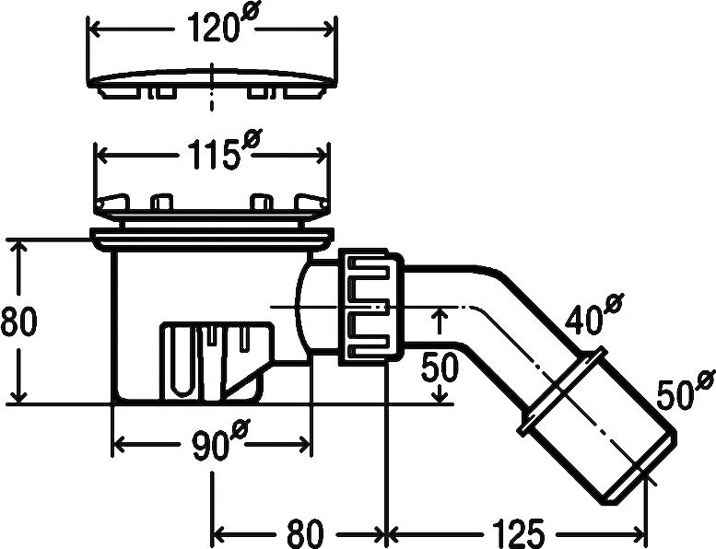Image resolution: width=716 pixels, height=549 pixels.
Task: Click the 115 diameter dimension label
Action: pyautogui.click(x=224, y=150)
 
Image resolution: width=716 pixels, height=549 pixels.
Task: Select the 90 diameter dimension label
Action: pyautogui.click(x=220, y=441)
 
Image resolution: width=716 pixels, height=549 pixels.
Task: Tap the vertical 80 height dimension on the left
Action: pyautogui.click(x=18, y=321)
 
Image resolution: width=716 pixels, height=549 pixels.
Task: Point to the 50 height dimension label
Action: pyautogui.click(x=440, y=367)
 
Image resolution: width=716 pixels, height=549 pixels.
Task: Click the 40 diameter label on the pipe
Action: pyautogui.click(x=593, y=315)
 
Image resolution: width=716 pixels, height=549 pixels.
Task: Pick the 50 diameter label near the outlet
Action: pyautogui.click(x=686, y=390)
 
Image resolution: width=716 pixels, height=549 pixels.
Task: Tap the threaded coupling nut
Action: pyautogui.click(x=370, y=307)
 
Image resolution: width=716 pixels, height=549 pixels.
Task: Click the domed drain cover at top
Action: pyautogui.click(x=212, y=83)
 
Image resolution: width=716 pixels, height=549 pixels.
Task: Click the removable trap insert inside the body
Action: pyautogui.click(x=217, y=361)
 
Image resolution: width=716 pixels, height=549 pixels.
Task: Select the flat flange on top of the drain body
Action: pyautogui.click(x=212, y=239)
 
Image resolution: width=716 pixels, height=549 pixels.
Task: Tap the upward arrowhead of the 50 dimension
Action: pyautogui.click(x=440, y=315)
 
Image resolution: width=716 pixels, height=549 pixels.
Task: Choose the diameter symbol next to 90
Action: pyautogui.click(x=241, y=430)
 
